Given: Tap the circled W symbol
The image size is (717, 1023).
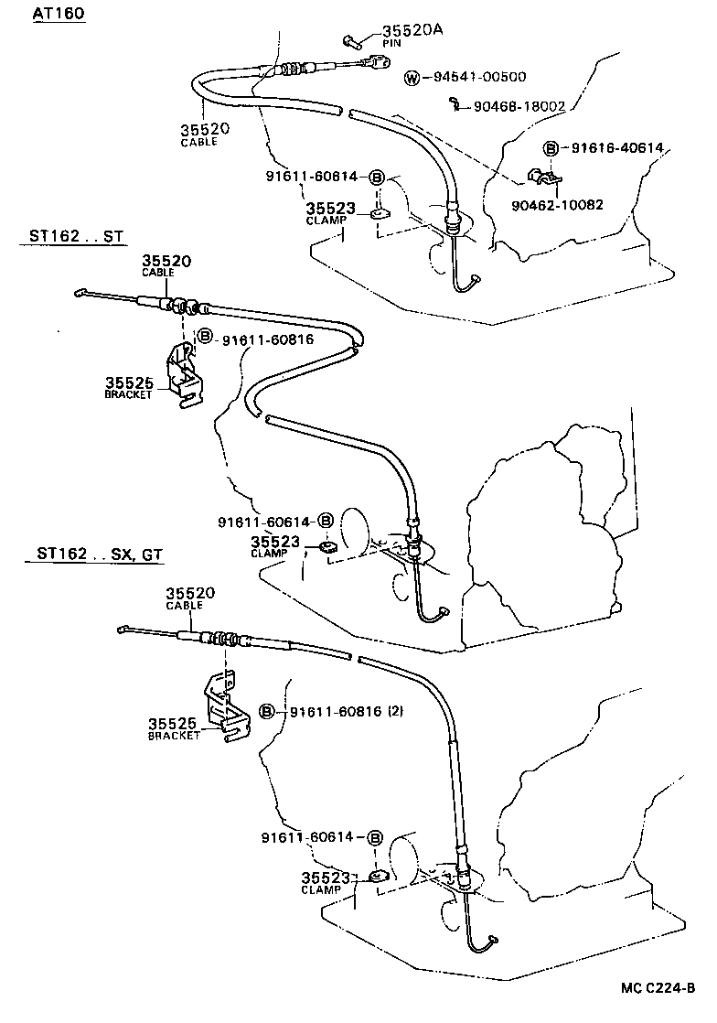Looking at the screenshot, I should click(412, 77).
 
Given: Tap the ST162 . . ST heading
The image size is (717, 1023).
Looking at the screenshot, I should click(70, 237).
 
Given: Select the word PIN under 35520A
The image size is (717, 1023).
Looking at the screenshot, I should click(393, 42).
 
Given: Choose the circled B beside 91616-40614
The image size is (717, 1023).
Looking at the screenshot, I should click(551, 148).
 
